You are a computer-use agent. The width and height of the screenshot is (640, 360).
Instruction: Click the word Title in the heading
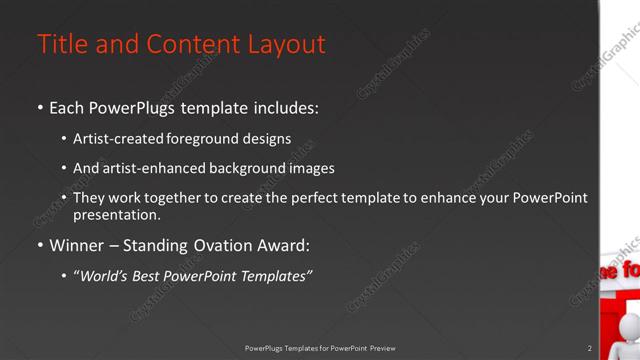(60, 45)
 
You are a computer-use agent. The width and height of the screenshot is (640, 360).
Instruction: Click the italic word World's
(105, 275)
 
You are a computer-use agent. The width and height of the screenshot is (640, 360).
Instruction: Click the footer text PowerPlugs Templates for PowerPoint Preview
(320, 348)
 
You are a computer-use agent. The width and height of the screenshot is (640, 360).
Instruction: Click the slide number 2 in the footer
(589, 348)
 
